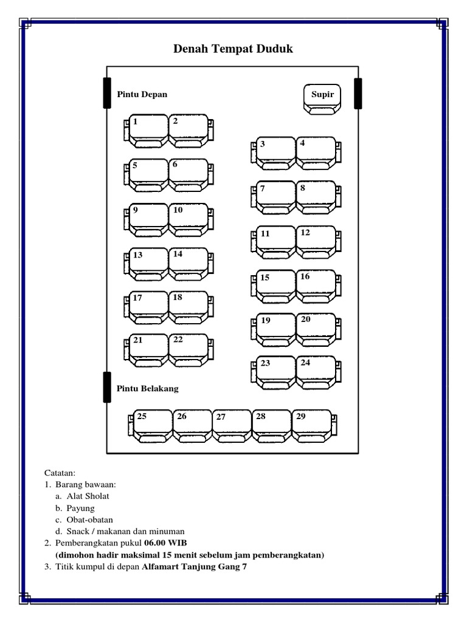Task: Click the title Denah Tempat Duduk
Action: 233,49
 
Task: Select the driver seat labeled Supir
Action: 322,99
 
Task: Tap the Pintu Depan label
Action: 142,95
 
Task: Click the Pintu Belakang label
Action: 148,389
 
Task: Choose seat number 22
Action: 189,349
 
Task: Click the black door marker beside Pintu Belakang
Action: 107,387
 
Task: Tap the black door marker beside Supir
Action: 358,94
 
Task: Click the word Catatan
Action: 60,473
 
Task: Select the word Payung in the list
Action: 81,508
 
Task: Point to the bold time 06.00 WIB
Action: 170,543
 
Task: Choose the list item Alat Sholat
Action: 88,496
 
